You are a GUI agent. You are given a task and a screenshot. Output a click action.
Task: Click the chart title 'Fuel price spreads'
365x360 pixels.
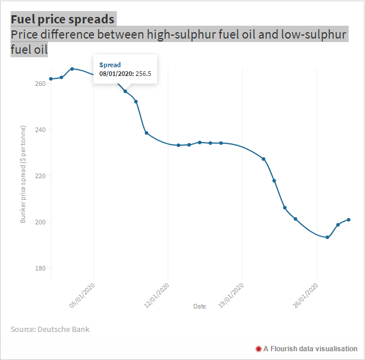pos(62,19)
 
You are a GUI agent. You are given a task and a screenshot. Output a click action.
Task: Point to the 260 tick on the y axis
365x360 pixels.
pos(40,84)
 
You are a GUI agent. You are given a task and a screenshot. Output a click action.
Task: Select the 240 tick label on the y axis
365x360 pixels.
pos(40,130)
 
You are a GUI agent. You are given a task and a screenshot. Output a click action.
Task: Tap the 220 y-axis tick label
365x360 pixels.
pos(40,176)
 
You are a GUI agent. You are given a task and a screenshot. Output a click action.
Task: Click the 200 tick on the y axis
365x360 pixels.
pos(40,222)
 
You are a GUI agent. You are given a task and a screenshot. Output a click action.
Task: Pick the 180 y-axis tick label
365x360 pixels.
pos(40,268)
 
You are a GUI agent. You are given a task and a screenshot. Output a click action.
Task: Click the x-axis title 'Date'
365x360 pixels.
pos(200,306)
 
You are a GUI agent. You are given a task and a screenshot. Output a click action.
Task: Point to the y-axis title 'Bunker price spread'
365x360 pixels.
pos(23,174)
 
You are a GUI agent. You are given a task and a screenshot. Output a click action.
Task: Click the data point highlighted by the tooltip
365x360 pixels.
pos(125,91)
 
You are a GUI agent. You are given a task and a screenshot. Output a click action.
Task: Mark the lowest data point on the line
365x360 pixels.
pos(327,237)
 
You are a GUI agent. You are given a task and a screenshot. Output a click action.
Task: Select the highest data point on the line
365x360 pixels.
pos(72,69)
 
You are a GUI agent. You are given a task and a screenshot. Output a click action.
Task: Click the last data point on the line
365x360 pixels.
pos(349,220)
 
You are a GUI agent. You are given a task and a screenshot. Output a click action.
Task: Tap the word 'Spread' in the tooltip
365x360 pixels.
pos(109,64)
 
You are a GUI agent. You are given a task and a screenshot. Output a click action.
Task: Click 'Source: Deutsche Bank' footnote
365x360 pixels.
pos(50,330)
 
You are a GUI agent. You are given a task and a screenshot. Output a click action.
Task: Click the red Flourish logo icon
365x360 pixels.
pos(258,349)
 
